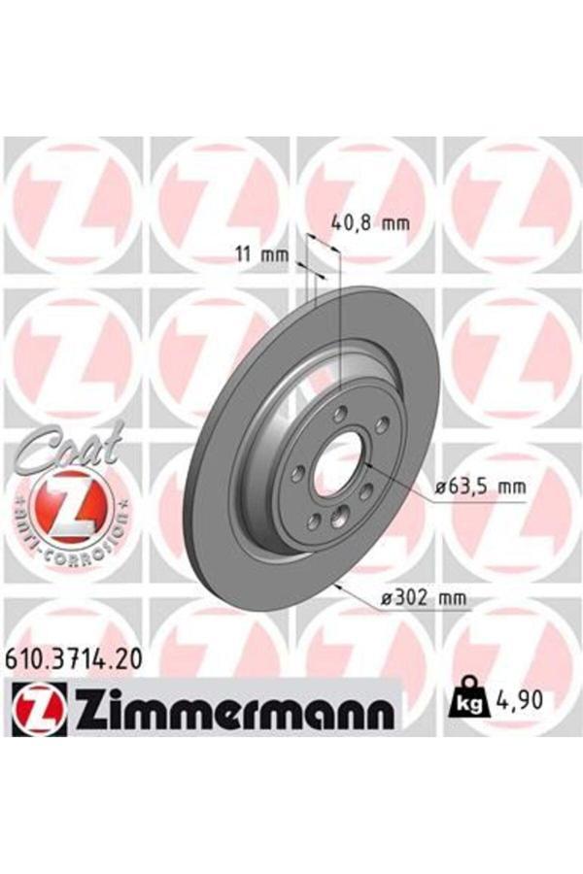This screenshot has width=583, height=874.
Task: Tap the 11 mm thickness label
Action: (263, 255)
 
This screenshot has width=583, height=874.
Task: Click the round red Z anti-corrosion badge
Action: (66, 504)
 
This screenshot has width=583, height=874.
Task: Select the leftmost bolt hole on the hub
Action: (298, 472)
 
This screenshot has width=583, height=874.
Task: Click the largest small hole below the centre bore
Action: (337, 516)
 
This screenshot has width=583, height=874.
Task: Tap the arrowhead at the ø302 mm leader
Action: (335, 585)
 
